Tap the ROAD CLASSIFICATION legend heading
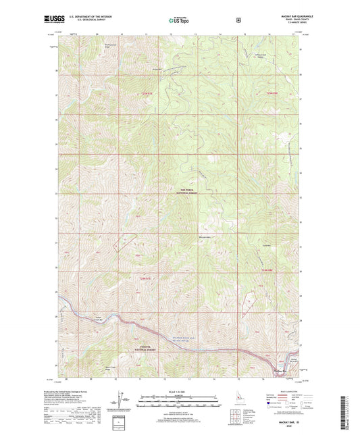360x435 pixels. [283, 390]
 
